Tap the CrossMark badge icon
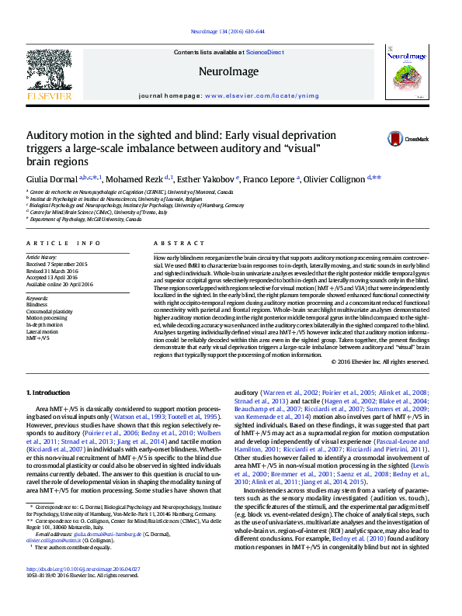click(397, 140)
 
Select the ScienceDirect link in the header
click(265, 52)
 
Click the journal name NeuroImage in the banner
click(228, 70)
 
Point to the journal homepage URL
click(252, 95)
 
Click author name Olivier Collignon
click(335, 180)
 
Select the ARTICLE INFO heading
click(64, 244)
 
